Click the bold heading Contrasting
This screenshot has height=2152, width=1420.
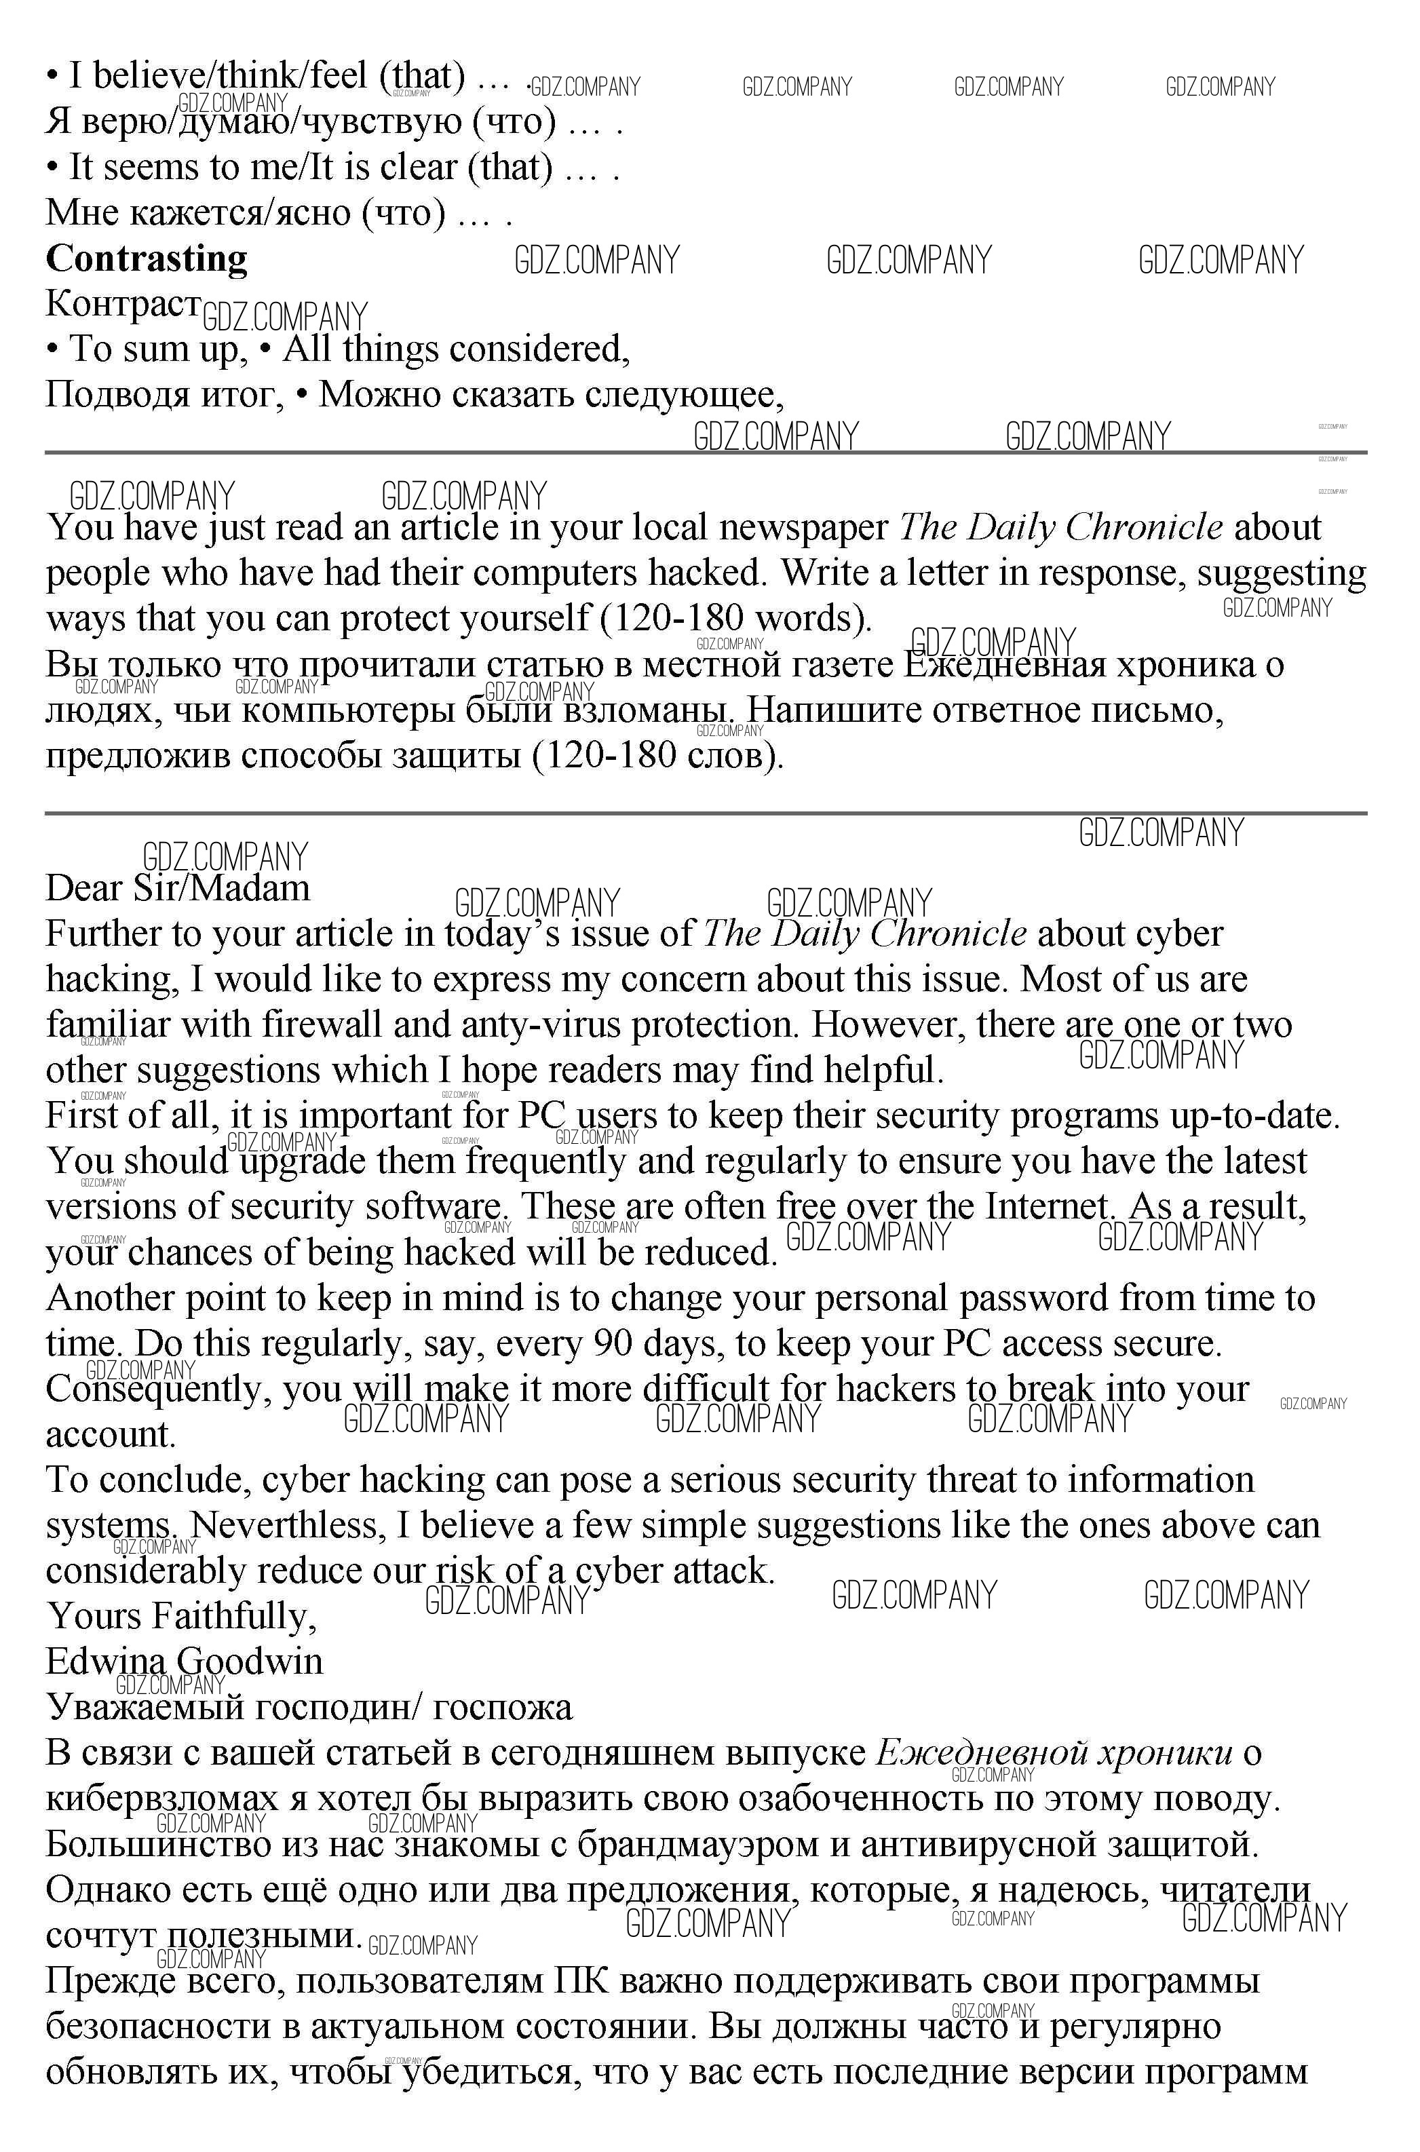pyautogui.click(x=147, y=259)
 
